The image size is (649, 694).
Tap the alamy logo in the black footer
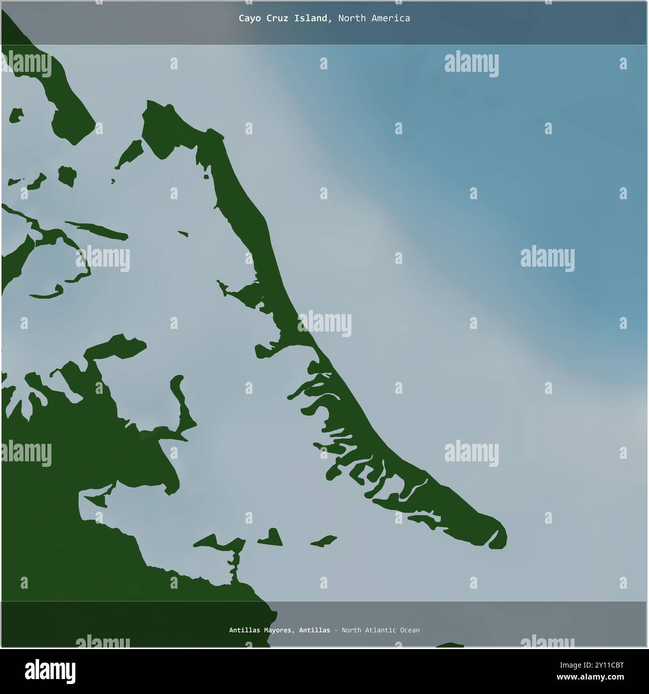tap(51, 670)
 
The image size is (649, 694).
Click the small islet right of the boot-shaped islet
tap(324, 541)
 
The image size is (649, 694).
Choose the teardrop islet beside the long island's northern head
tap(130, 152)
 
